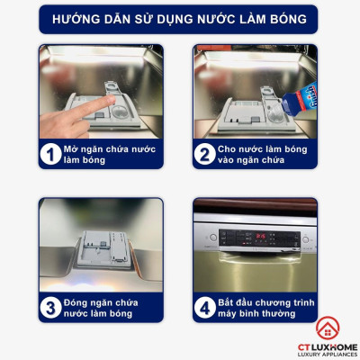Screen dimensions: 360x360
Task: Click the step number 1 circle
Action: (50, 154)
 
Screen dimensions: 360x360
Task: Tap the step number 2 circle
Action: (204, 154)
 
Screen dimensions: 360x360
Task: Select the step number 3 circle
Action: (50, 308)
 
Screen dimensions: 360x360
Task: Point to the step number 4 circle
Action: (205, 308)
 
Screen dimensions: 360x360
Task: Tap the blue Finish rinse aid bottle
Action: (300, 99)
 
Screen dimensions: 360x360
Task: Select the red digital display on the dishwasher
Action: (260, 236)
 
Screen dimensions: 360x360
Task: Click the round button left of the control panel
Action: (213, 238)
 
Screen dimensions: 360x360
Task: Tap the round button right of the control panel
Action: (305, 239)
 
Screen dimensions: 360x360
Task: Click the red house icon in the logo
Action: (328, 328)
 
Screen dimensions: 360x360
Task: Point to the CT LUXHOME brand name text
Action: (328, 347)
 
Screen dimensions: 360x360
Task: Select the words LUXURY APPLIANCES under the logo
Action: (328, 355)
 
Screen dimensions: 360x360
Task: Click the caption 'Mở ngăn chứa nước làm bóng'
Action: (110, 154)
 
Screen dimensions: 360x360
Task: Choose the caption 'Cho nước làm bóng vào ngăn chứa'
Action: (263, 154)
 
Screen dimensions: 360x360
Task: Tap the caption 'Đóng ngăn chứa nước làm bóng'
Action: (101, 308)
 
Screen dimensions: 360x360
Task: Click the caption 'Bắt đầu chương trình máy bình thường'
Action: (266, 308)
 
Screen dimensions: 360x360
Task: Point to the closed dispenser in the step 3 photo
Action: (103, 249)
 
